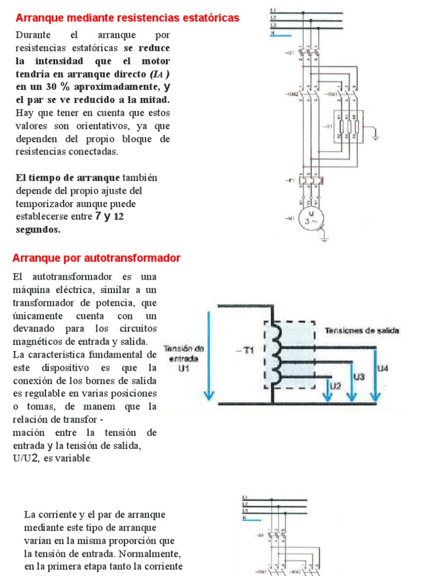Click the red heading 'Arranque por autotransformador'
pos(96,258)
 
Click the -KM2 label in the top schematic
pos(291,94)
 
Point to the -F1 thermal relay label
pos(290,180)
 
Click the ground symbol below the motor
pos(324,239)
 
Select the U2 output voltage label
pos(335,386)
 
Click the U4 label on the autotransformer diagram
pos(382,369)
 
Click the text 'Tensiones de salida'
pos(362,331)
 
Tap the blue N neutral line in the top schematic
pos(281,34)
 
